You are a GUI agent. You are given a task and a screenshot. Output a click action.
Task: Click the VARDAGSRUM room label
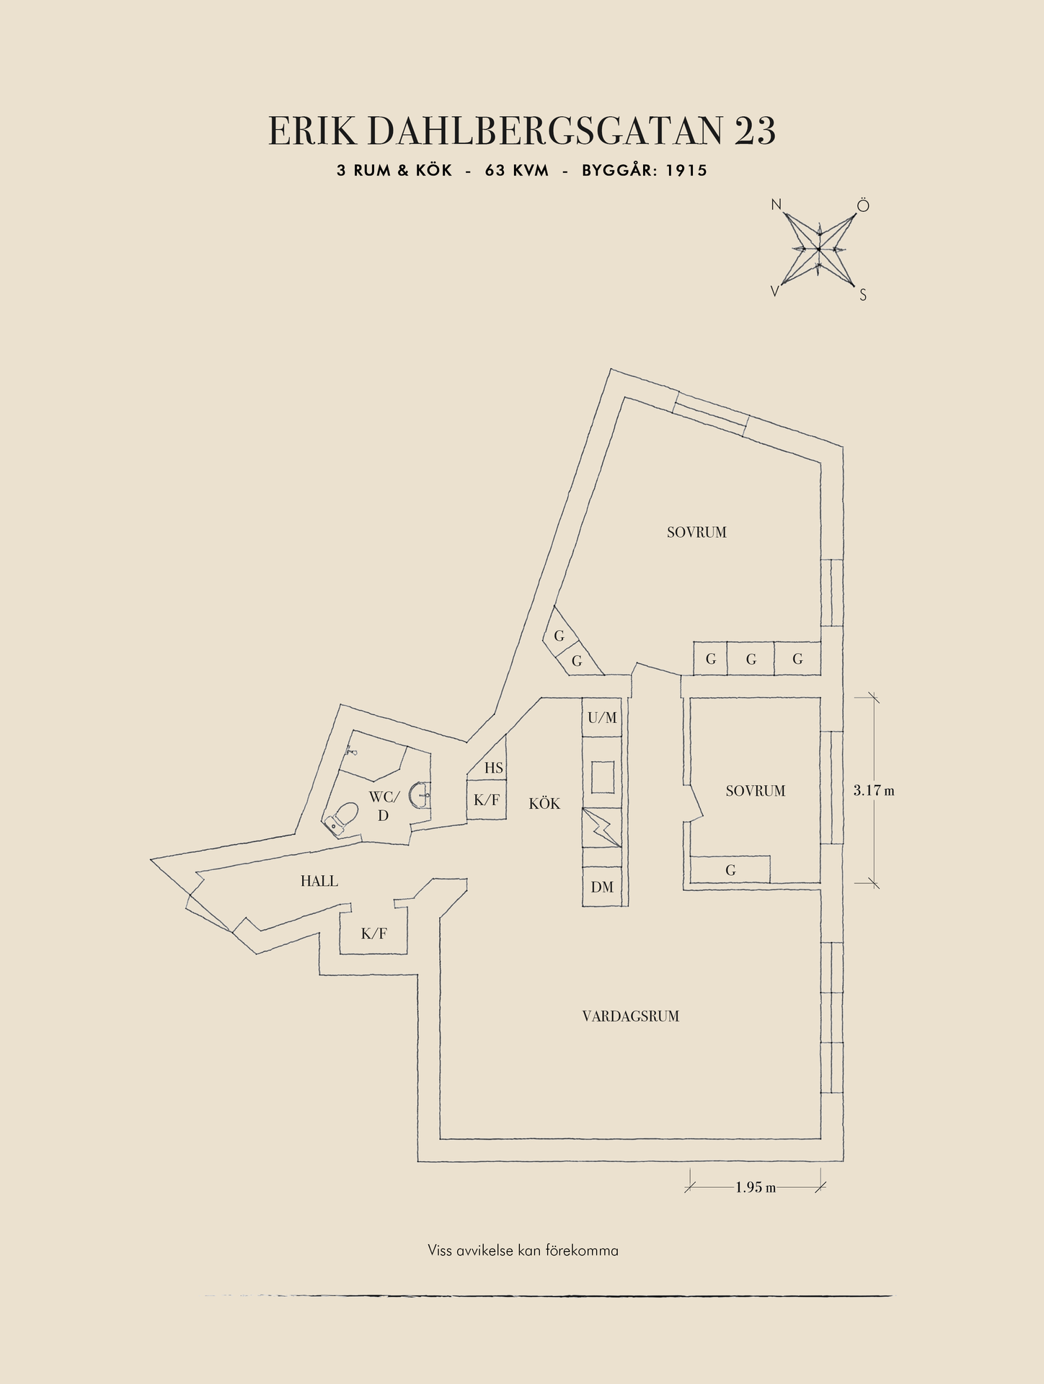click(x=630, y=1016)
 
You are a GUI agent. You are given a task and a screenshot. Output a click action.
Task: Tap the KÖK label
click(x=544, y=803)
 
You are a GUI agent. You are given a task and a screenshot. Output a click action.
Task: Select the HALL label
click(x=319, y=881)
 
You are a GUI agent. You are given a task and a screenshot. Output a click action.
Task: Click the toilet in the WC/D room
click(x=342, y=819)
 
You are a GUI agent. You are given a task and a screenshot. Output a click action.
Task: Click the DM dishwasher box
click(x=602, y=887)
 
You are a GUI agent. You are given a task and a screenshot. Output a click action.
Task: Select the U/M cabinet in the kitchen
click(x=602, y=717)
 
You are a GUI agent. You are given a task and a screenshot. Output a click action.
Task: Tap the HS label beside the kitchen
click(x=494, y=768)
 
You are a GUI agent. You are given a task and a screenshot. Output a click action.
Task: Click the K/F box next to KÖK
click(x=486, y=799)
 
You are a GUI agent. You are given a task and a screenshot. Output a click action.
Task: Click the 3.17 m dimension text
click(x=874, y=790)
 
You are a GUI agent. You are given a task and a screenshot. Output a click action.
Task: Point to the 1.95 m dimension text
click(x=756, y=1187)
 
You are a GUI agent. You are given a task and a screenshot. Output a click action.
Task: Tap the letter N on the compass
click(x=777, y=205)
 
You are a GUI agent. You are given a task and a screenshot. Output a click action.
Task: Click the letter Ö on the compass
click(x=863, y=206)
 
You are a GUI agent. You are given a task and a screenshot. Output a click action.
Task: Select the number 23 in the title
click(x=756, y=131)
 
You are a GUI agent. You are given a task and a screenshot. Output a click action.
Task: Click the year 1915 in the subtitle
click(x=686, y=171)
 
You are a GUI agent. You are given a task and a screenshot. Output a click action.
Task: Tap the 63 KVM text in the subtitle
click(x=517, y=171)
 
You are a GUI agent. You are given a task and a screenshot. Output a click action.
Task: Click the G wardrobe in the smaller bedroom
click(x=730, y=869)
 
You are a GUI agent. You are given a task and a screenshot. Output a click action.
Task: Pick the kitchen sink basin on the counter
click(x=603, y=777)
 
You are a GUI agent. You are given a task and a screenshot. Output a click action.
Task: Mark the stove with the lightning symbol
click(x=602, y=828)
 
